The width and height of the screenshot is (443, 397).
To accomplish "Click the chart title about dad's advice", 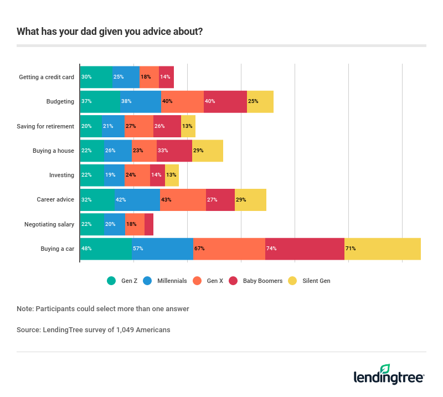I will coord(110,32).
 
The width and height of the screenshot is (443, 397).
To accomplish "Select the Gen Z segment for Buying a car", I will coord(106,249).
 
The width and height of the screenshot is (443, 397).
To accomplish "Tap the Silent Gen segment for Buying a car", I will coord(382,249).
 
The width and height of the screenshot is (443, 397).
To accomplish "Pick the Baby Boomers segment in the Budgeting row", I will coord(225,102).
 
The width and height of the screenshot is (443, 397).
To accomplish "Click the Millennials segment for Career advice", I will coord(137,200).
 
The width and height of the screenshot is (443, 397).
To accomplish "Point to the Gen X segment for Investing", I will coord(137,175).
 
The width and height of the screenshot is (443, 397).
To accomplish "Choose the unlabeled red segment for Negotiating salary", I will coord(149,224).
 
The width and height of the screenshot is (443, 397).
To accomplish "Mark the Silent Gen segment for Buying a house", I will coord(208,151).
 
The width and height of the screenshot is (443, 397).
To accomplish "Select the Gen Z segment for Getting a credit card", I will coord(96,78).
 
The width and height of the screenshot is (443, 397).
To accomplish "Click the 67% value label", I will coord(199,249).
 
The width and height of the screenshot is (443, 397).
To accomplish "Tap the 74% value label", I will coord(271,249).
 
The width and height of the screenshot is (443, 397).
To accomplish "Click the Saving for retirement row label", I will coord(45,126).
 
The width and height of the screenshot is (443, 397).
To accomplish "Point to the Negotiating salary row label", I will coord(49,224).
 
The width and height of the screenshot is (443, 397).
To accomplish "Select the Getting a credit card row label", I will coord(47,78).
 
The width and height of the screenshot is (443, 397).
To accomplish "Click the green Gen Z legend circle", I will coord(111,281).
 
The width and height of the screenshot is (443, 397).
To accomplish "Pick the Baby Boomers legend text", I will coord(262,281).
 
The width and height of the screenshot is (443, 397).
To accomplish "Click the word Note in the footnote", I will coord(24,308).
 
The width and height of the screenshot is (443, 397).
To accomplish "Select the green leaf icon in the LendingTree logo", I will coord(385,369).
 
